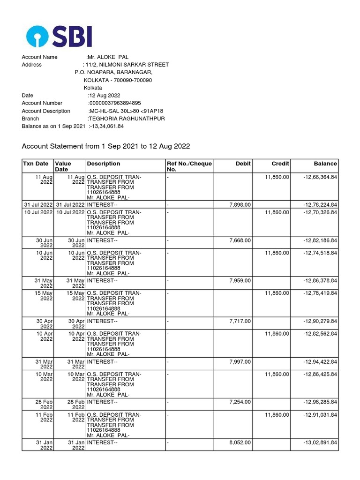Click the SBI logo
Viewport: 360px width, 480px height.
(x=59, y=36)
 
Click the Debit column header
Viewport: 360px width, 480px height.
(x=243, y=164)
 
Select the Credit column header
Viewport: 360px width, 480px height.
(x=280, y=164)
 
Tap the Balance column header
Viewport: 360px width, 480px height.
(x=325, y=164)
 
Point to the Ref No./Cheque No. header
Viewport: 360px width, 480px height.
(x=189, y=166)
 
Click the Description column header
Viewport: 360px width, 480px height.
(x=103, y=164)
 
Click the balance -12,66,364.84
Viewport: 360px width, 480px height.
(x=320, y=177)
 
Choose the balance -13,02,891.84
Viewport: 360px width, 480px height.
(x=320, y=442)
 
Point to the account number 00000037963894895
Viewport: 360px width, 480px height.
(x=115, y=103)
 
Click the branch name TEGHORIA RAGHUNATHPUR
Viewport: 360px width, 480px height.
(x=127, y=119)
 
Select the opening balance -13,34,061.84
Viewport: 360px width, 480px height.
(x=107, y=127)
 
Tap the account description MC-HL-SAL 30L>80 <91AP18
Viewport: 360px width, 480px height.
(x=127, y=111)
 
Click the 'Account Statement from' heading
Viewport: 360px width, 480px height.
(x=106, y=146)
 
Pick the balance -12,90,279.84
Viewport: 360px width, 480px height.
(x=320, y=321)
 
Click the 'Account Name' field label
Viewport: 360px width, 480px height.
(x=39, y=57)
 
